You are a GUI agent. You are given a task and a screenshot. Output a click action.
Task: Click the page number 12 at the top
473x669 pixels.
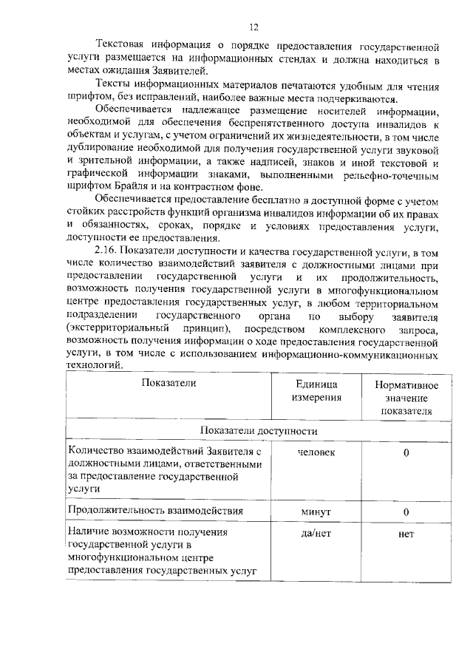click(253, 27)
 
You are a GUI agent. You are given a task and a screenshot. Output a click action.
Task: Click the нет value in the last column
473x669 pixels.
click(406, 533)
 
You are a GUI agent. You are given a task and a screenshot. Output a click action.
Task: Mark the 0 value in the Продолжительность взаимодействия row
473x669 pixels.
click(406, 511)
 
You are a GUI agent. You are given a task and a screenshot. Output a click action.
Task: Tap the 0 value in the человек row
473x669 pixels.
click(406, 452)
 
